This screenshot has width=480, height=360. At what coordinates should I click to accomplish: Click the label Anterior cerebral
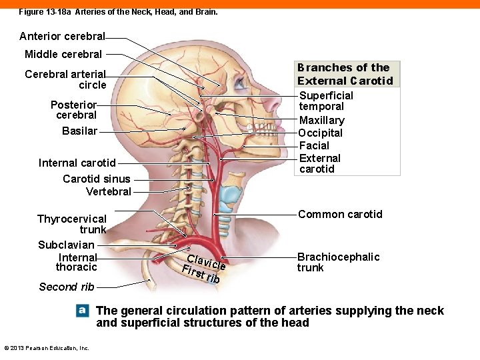click(x=62, y=37)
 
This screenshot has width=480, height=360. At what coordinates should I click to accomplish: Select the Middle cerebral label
click(x=63, y=55)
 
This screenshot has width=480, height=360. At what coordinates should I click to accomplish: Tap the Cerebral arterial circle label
click(x=65, y=79)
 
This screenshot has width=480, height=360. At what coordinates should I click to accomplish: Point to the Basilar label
click(x=79, y=131)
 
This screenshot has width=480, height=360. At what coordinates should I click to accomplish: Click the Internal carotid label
click(x=77, y=163)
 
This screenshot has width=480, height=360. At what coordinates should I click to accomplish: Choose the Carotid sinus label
click(x=96, y=179)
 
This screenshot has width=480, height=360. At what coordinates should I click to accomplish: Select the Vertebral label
click(x=108, y=192)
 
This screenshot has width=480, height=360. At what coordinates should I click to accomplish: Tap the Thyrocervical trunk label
click(x=71, y=224)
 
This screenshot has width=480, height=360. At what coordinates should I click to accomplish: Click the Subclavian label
click(x=66, y=245)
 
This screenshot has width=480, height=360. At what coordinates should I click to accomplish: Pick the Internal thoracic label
click(x=77, y=262)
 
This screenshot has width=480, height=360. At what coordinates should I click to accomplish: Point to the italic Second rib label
click(x=67, y=287)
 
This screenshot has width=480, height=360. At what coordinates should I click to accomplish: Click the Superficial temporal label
click(x=326, y=101)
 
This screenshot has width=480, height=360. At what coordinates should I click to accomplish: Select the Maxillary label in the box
click(x=321, y=121)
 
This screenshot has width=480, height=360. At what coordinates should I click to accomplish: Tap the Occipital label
click(x=320, y=133)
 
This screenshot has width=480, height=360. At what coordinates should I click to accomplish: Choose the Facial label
click(x=314, y=145)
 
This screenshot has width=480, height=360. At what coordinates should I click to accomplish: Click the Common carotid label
click(x=340, y=214)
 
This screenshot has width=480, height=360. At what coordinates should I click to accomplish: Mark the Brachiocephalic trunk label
click(x=338, y=262)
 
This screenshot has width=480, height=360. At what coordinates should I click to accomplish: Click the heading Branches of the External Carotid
click(x=345, y=74)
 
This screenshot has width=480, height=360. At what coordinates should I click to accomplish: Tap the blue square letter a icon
click(x=82, y=310)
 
